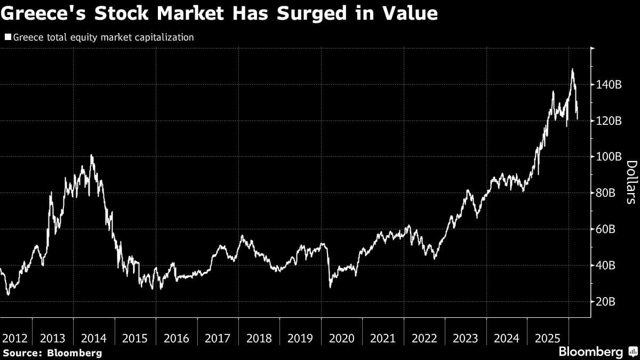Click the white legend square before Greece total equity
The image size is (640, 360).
click(x=7, y=37)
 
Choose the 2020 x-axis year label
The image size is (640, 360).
click(x=341, y=338)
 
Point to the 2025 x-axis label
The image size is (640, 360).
click(x=547, y=338)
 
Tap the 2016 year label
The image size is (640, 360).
click(x=177, y=338)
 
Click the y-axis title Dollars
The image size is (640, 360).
click(x=630, y=182)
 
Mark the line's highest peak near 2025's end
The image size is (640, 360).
click(x=572, y=69)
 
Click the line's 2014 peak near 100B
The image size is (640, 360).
click(x=91, y=155)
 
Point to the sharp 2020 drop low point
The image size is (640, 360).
click(x=330, y=287)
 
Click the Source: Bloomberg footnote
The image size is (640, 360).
click(x=52, y=353)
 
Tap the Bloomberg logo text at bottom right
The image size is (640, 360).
click(x=590, y=352)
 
